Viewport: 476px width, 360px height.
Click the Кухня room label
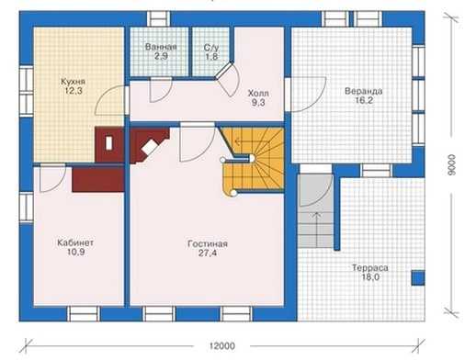coord(73,82)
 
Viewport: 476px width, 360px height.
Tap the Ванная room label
coord(161,47)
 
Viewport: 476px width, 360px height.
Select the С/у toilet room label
coord(211,48)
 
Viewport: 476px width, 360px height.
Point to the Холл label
coord(258,93)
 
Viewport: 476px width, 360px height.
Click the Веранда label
coord(364,91)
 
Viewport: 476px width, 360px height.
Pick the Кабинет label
coord(75,242)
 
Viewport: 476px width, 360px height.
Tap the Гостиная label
coord(208,244)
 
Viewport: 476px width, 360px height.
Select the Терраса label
coord(370,268)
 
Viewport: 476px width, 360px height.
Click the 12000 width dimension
coord(222,346)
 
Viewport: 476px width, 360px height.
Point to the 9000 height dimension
coord(451,165)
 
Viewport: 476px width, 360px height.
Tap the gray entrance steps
coord(315,211)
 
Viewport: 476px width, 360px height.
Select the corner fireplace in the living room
coord(149,145)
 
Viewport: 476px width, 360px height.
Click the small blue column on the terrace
coord(417,278)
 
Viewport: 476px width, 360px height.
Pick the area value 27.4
coord(208,253)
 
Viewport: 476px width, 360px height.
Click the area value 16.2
coord(364,100)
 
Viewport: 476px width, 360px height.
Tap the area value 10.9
coord(75,252)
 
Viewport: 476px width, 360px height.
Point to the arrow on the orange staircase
coord(240,141)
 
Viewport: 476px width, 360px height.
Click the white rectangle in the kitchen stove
coord(108,143)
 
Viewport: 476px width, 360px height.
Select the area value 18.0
coord(370,277)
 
